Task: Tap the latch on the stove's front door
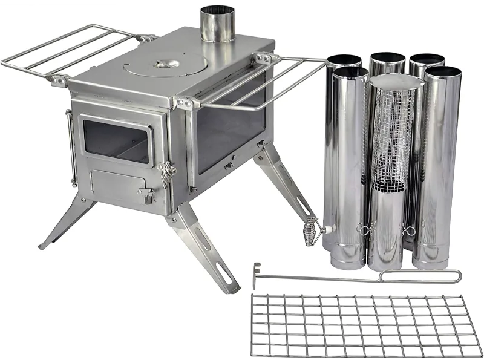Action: point(166,174)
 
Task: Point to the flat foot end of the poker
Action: point(257,276)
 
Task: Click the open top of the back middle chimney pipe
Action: point(387,58)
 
